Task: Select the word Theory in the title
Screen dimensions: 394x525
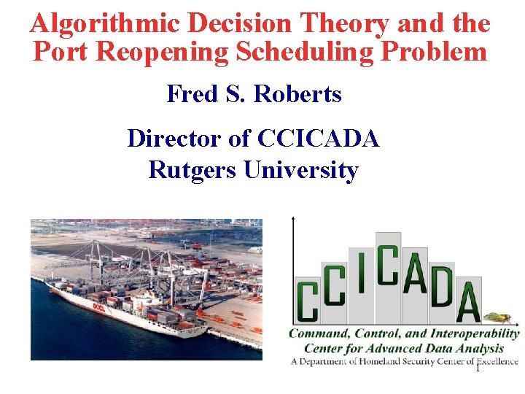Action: pos(338,24)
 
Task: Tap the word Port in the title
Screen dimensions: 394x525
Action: pos(58,52)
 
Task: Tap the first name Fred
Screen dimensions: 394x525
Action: pos(191,94)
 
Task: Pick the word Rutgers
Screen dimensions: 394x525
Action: pos(192,170)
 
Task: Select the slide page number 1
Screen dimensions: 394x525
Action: pos(478,368)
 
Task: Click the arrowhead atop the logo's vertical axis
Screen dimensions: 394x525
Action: pos(292,219)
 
